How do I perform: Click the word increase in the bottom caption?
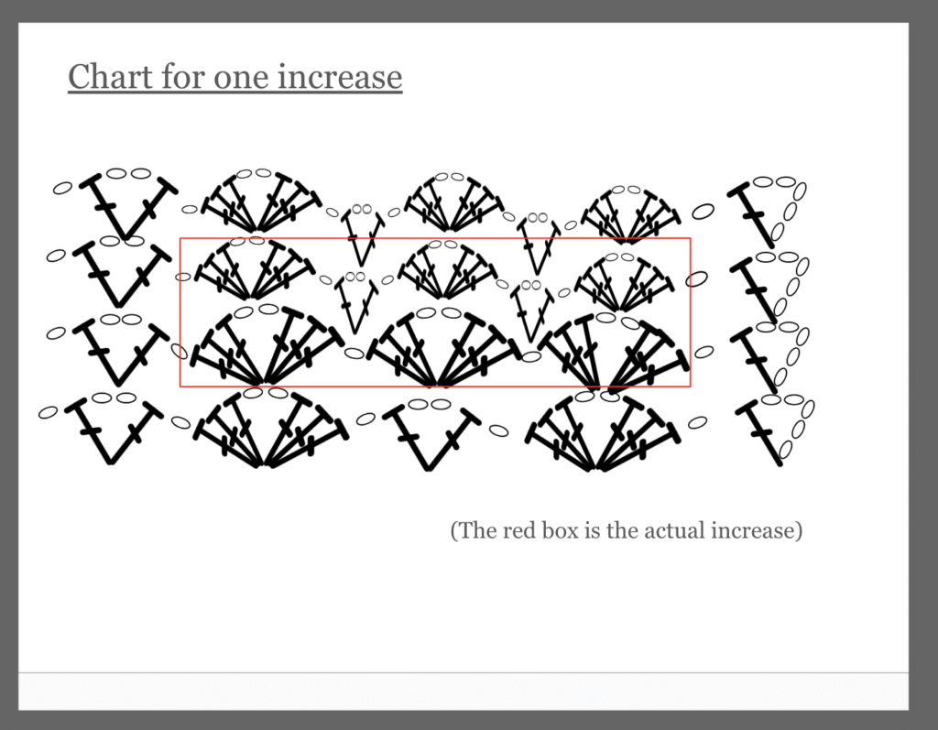pyautogui.click(x=754, y=530)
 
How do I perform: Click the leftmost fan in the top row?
pyautogui.click(x=259, y=202)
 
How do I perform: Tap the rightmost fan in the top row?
pyautogui.click(x=628, y=215)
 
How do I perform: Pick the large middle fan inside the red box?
pyautogui.click(x=440, y=347)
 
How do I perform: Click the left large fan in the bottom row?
pyautogui.click(x=263, y=428)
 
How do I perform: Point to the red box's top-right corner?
pyautogui.click(x=691, y=238)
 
